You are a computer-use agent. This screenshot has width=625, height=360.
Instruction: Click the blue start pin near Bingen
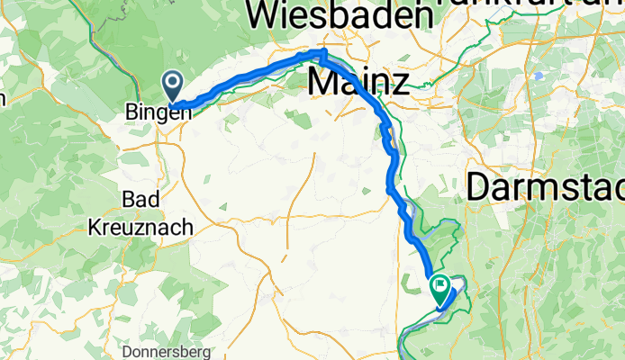172,86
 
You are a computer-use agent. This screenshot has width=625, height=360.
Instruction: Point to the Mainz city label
358,82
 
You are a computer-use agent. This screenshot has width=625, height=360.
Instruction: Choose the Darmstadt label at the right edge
546,187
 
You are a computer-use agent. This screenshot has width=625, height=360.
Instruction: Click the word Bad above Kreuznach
140,200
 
